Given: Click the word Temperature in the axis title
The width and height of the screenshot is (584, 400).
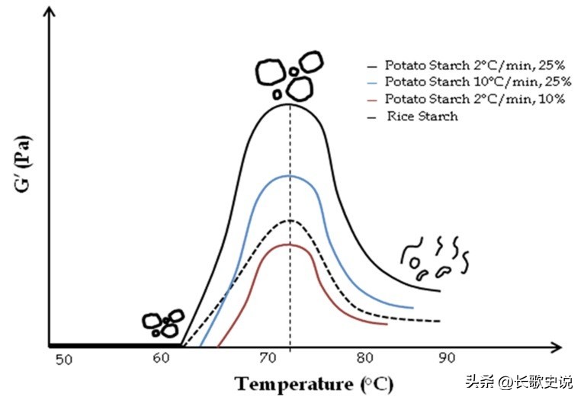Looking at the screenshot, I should (x=291, y=383).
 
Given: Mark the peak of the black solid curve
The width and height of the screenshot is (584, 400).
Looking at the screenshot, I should (x=290, y=104).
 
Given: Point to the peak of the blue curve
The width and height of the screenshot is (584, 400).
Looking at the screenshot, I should (x=290, y=176).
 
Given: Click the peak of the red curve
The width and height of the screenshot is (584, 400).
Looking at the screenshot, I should (x=290, y=245).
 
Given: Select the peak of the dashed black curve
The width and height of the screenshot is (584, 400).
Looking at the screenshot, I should (x=290, y=220).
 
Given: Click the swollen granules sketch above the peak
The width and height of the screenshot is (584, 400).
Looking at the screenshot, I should (x=287, y=75).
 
